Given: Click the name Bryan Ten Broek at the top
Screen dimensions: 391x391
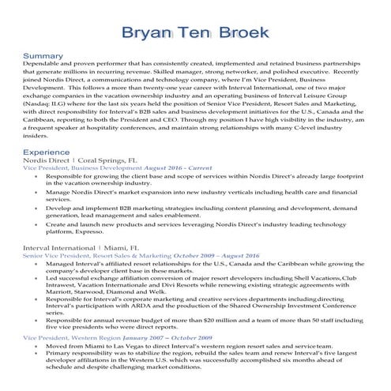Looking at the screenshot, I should (195, 34).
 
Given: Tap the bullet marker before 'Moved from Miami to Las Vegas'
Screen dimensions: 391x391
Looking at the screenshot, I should (39, 346).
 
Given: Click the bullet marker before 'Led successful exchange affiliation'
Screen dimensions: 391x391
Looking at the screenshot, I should (39, 280).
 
